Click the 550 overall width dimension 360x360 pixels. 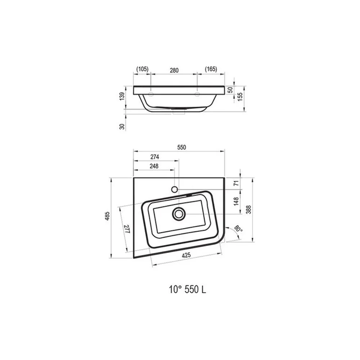(x=181, y=147)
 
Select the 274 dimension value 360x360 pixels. (x=155, y=157)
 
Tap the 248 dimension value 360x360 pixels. (x=154, y=166)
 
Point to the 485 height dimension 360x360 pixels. (x=107, y=216)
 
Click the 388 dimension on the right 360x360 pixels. (x=249, y=210)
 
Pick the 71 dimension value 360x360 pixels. (x=236, y=183)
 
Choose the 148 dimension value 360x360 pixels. (x=236, y=201)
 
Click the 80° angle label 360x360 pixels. (x=238, y=229)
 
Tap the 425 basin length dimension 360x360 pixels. (x=186, y=255)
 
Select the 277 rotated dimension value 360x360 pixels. (x=127, y=229)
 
